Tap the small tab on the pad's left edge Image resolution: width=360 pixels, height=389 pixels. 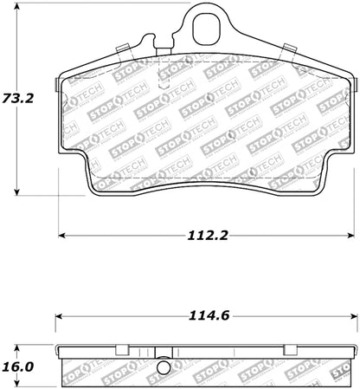point(57,84)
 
